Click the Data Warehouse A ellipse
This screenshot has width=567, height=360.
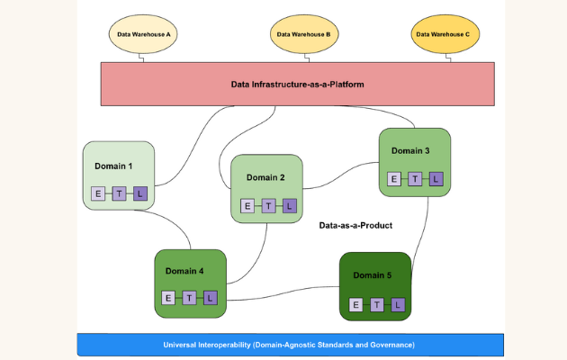[x=144, y=34]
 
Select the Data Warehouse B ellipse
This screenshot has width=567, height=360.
[x=304, y=34]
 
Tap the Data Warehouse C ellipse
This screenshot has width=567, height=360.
[x=442, y=34]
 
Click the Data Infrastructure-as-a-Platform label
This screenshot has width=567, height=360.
[x=297, y=84]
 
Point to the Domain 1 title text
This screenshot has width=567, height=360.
[x=113, y=166]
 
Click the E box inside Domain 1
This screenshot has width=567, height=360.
[x=98, y=193]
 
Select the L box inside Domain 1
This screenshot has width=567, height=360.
[x=139, y=193]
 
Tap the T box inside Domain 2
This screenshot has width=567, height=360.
[x=268, y=206]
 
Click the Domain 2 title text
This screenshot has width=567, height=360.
[x=265, y=177]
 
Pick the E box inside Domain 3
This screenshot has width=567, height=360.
[x=394, y=179]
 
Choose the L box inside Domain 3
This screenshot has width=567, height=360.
[x=436, y=179]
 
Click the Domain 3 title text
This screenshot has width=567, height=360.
[x=410, y=150]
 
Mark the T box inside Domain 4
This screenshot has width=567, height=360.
[x=189, y=298]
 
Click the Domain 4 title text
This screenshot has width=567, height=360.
[x=184, y=270]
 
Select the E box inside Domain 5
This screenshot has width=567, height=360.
[x=355, y=304]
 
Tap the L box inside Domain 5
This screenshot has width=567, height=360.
[x=398, y=304]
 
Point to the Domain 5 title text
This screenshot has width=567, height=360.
[x=372, y=274]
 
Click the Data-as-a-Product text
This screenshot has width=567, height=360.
[x=356, y=225]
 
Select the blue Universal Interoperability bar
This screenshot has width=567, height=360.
[x=288, y=345]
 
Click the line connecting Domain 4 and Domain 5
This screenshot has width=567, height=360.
[x=283, y=290]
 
